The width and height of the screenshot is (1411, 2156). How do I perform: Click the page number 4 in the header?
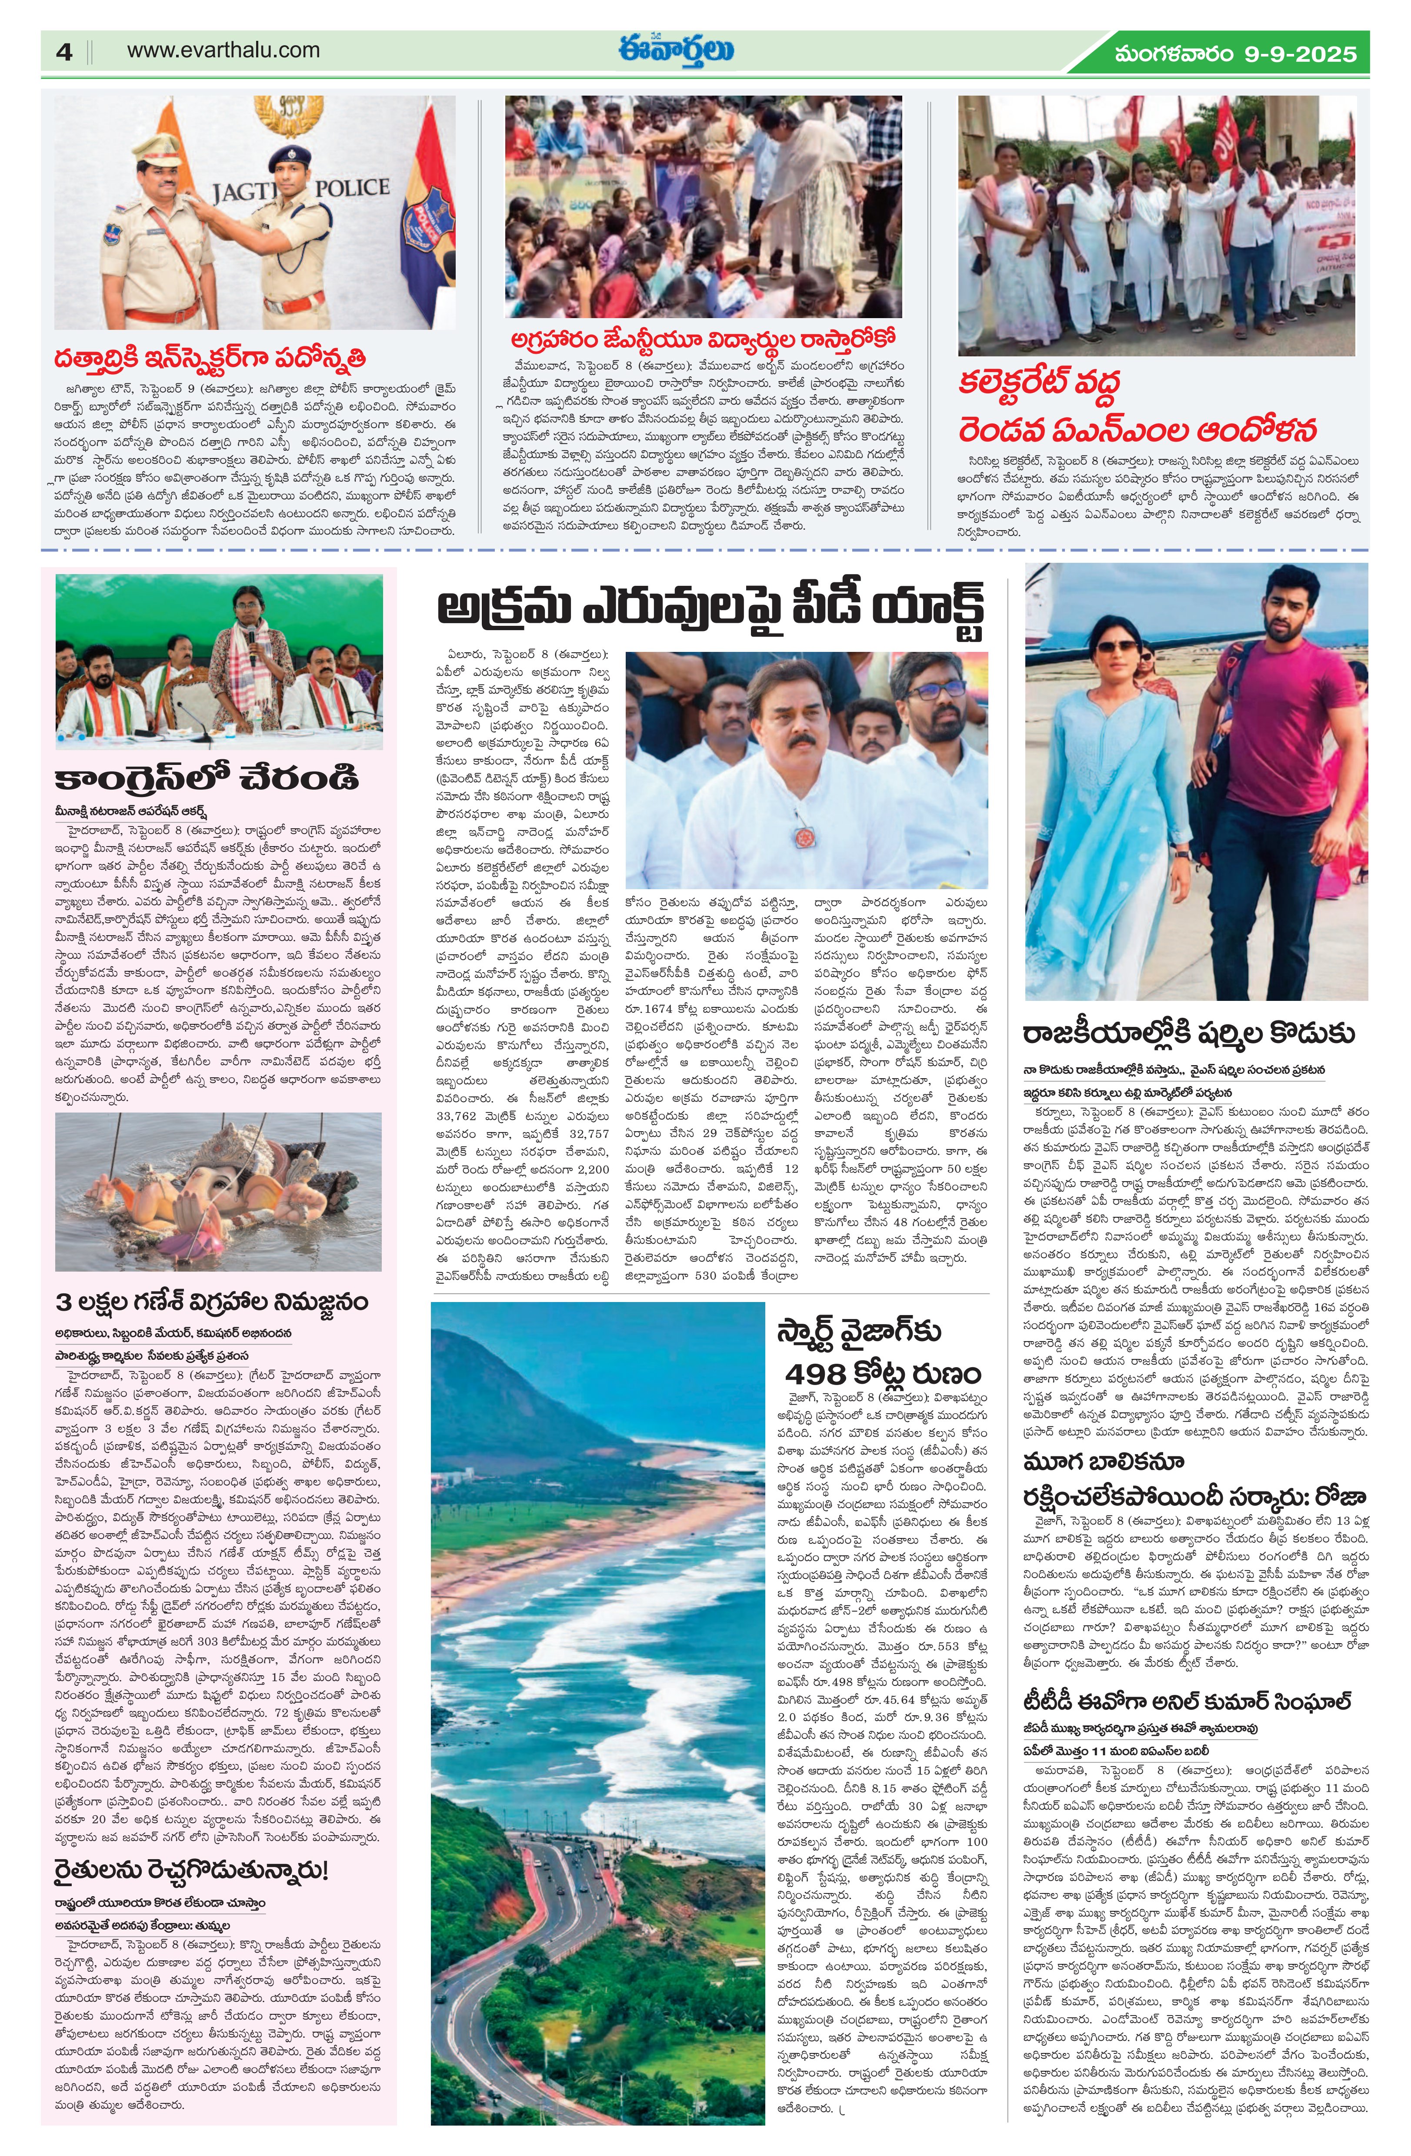pyautogui.click(x=63, y=52)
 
